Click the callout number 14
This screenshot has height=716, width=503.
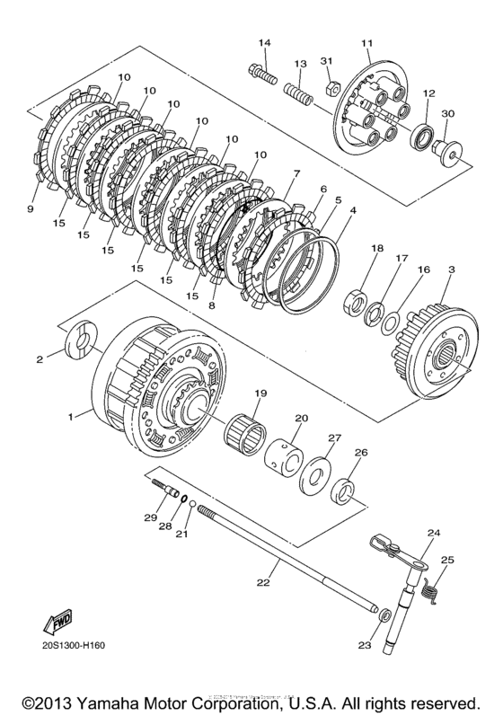pos(265,43)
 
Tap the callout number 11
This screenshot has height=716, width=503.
pos(366,43)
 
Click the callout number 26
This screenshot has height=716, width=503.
pos(360,453)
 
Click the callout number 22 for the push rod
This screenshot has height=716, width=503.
pos(262,583)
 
